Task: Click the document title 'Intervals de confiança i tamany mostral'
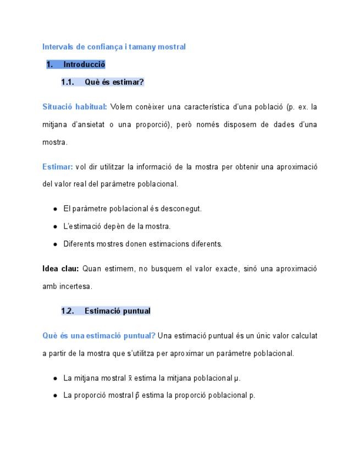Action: [x=114, y=47]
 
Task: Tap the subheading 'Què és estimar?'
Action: [x=114, y=82]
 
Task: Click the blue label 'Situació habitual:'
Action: [x=75, y=107]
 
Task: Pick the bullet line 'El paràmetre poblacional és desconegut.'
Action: [x=132, y=209]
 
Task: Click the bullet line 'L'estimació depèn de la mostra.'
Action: [x=117, y=226]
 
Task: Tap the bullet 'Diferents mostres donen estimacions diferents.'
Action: [x=143, y=244]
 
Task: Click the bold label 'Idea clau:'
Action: [x=61, y=269]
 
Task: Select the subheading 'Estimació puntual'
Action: [x=117, y=311]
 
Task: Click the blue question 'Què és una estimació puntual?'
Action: [x=99, y=336]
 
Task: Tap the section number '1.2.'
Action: [x=68, y=311]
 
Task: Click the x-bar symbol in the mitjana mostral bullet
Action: [x=130, y=378]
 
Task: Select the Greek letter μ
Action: [x=236, y=379]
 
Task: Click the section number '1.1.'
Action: [x=68, y=82]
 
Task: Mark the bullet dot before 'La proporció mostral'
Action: [x=56, y=396]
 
